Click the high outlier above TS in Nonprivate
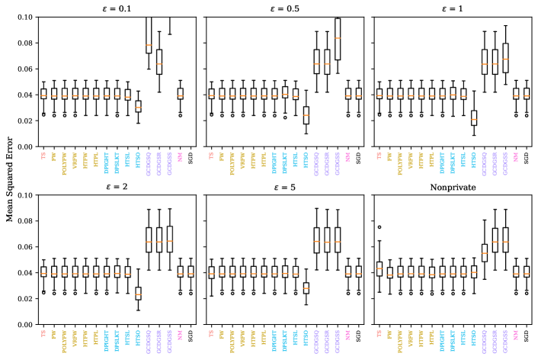point(379,227)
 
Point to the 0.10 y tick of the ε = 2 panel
point(24,194)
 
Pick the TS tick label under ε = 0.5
point(211,155)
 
